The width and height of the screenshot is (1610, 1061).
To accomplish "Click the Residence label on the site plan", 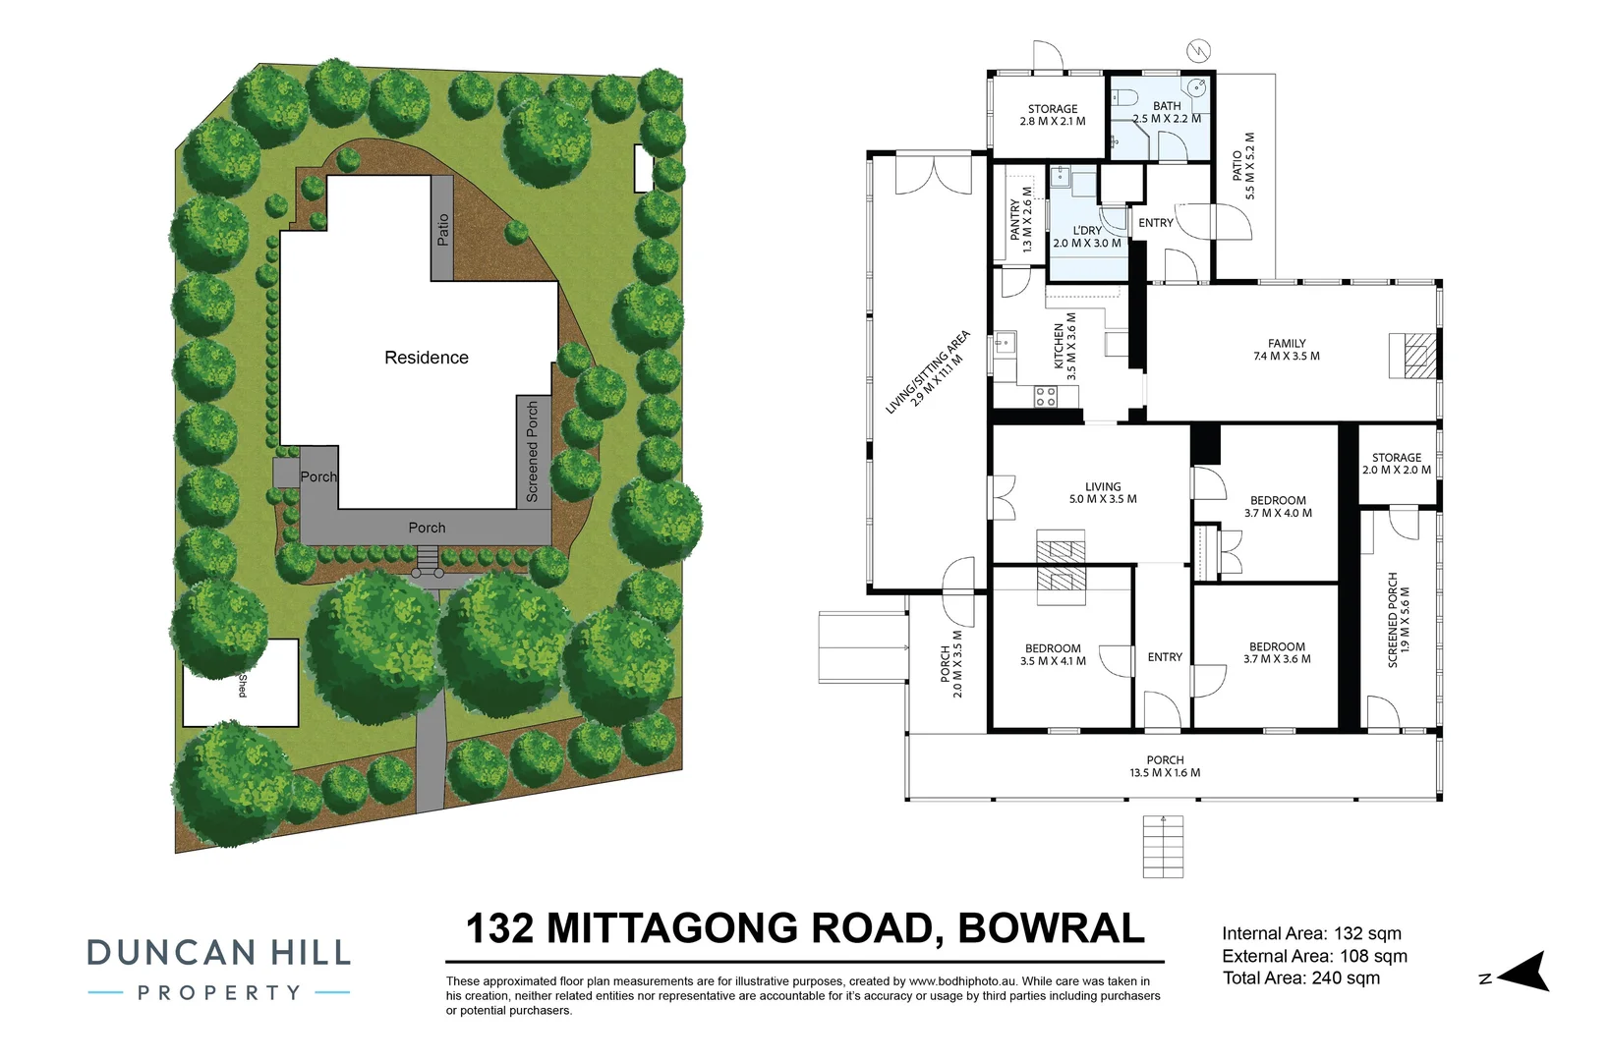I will [426, 358].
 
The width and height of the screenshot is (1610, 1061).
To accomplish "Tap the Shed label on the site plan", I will [242, 686].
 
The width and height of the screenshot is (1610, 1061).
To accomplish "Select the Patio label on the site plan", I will [442, 230].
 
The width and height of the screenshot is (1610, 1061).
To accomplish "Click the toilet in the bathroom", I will [1125, 96].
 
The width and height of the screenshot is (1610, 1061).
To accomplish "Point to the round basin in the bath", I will [1196, 87].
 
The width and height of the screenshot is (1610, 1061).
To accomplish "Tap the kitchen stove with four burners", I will [1045, 396].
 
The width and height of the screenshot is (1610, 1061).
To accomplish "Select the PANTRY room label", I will [1021, 226].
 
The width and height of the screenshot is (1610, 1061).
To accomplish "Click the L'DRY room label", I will [1087, 237].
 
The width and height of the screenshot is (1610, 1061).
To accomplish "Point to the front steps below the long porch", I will [1163, 847].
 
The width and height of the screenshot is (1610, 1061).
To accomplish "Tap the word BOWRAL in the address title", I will [1051, 928].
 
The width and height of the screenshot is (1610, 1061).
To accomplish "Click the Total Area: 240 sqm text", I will [1300, 978].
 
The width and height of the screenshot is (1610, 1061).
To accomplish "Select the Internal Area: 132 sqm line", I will [1311, 934].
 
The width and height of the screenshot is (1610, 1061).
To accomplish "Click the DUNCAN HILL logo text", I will [218, 952].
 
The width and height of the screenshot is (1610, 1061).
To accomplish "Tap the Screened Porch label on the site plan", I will [532, 451].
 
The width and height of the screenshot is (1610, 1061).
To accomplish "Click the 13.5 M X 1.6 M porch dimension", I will [1164, 773].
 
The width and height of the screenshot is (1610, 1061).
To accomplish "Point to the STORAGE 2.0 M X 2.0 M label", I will [1396, 464].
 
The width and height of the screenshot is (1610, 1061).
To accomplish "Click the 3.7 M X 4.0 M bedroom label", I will [1278, 513].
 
